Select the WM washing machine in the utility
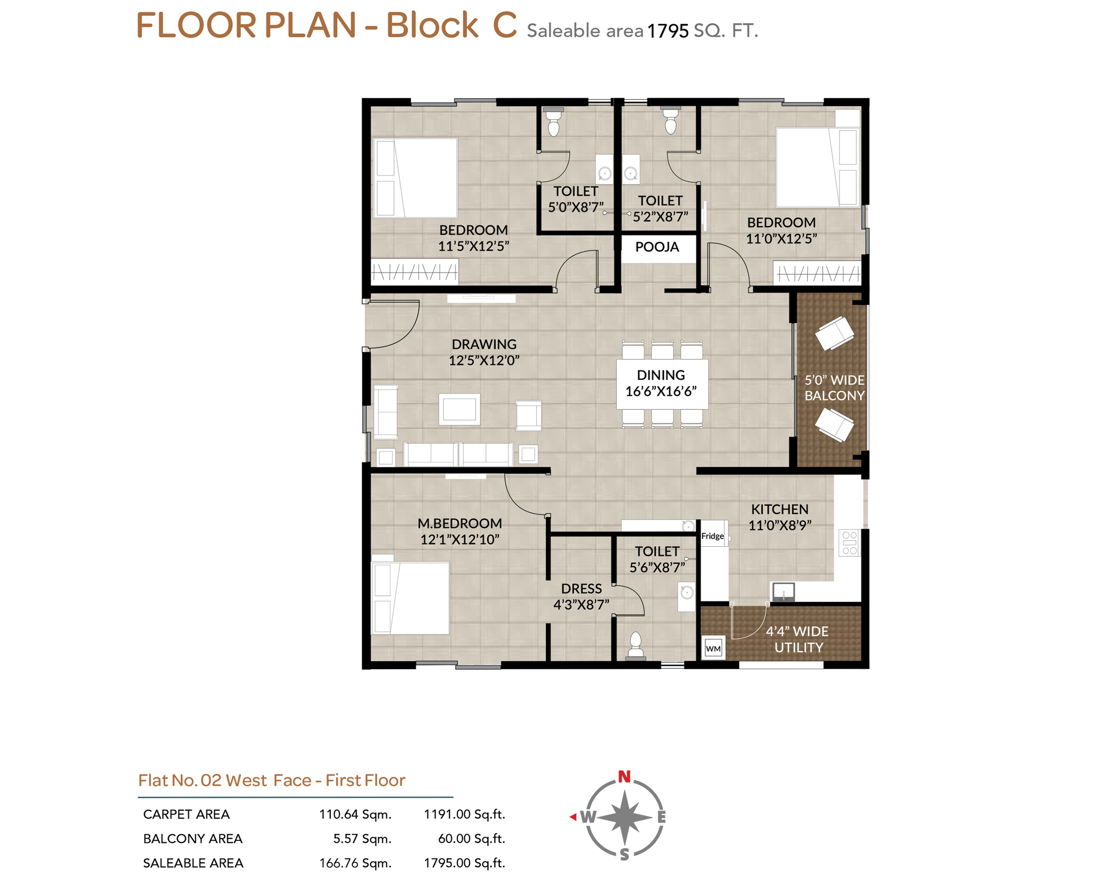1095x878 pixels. tap(713, 648)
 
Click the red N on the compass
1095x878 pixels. tap(624, 777)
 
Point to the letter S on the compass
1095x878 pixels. tap(624, 854)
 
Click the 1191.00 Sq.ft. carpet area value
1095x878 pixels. tap(464, 814)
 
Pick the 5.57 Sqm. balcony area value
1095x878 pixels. tap(362, 839)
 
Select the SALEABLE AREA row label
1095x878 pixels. tap(193, 863)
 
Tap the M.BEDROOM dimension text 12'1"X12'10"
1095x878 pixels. tap(460, 539)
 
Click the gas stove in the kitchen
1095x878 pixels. tap(849, 543)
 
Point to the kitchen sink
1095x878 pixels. tap(783, 592)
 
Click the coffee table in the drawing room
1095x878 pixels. tap(459, 410)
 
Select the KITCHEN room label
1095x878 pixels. tap(779, 509)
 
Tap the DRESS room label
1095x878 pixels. tap(581, 589)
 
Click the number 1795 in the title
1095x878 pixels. tap(668, 31)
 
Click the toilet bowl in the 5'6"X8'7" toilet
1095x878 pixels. tap(636, 645)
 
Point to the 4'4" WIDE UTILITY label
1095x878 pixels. tap(798, 639)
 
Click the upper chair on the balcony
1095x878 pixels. tap(834, 332)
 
